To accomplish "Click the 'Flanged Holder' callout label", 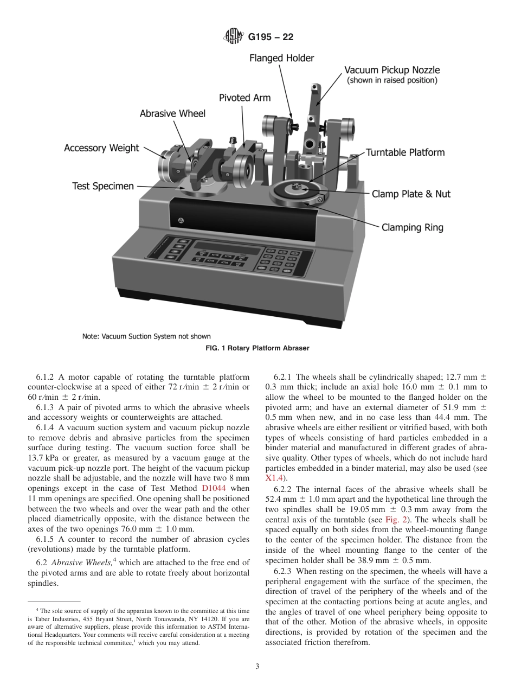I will click(281, 58).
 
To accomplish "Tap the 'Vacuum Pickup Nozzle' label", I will click(392, 70).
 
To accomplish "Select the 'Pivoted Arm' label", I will click(244, 98).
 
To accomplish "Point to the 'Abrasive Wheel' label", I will click(172, 113).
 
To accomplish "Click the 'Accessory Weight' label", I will click(101, 148).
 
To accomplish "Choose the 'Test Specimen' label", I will click(103, 186).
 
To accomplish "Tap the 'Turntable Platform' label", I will click(405, 152).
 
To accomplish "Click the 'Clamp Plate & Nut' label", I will click(411, 194).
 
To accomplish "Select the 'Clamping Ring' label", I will click(412, 227).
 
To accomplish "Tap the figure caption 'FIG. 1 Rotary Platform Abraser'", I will click(257, 348).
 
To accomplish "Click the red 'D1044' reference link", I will click(213, 488).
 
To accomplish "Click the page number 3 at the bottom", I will click(257, 667).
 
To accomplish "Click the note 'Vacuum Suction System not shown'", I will click(146, 336).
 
